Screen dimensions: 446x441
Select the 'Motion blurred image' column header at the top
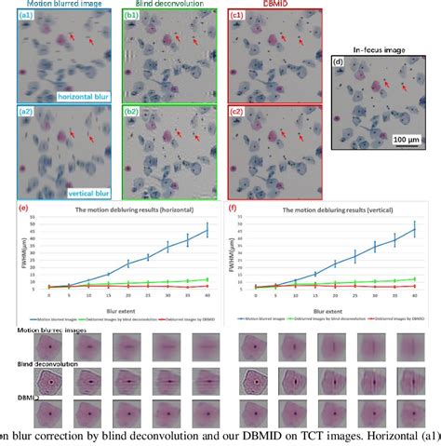(52, 6)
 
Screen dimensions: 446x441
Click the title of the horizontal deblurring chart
(114, 209)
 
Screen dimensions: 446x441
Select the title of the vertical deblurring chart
(321, 209)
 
